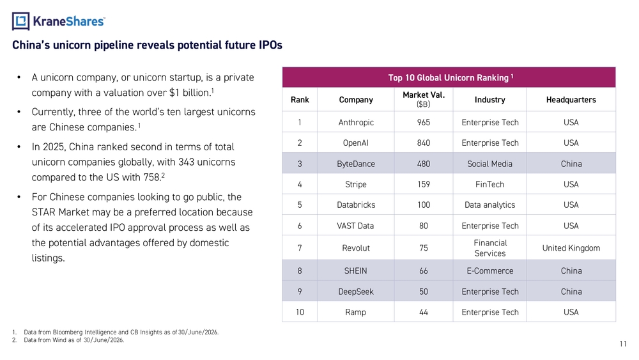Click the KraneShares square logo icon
pyautogui.click(x=21, y=21)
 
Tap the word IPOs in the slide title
pyautogui.click(x=270, y=45)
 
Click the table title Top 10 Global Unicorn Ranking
pyautogui.click(x=449, y=77)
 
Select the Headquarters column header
pyautogui.click(x=571, y=100)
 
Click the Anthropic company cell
pyautogui.click(x=356, y=122)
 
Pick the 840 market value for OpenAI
pyautogui.click(x=424, y=143)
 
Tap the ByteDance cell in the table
pyautogui.click(x=356, y=164)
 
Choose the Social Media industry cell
pyautogui.click(x=489, y=164)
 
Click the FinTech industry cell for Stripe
pyautogui.click(x=489, y=184)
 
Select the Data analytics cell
pyautogui.click(x=489, y=205)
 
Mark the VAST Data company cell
pyautogui.click(x=355, y=226)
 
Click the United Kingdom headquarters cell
pyautogui.click(x=571, y=248)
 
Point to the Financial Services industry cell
pyautogui.click(x=490, y=248)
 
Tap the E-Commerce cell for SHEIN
pyautogui.click(x=490, y=270)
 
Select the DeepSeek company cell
pyautogui.click(x=356, y=292)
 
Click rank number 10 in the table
pyautogui.click(x=300, y=312)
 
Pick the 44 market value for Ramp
pyautogui.click(x=424, y=312)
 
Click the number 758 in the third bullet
pyautogui.click(x=151, y=178)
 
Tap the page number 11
pyautogui.click(x=623, y=343)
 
